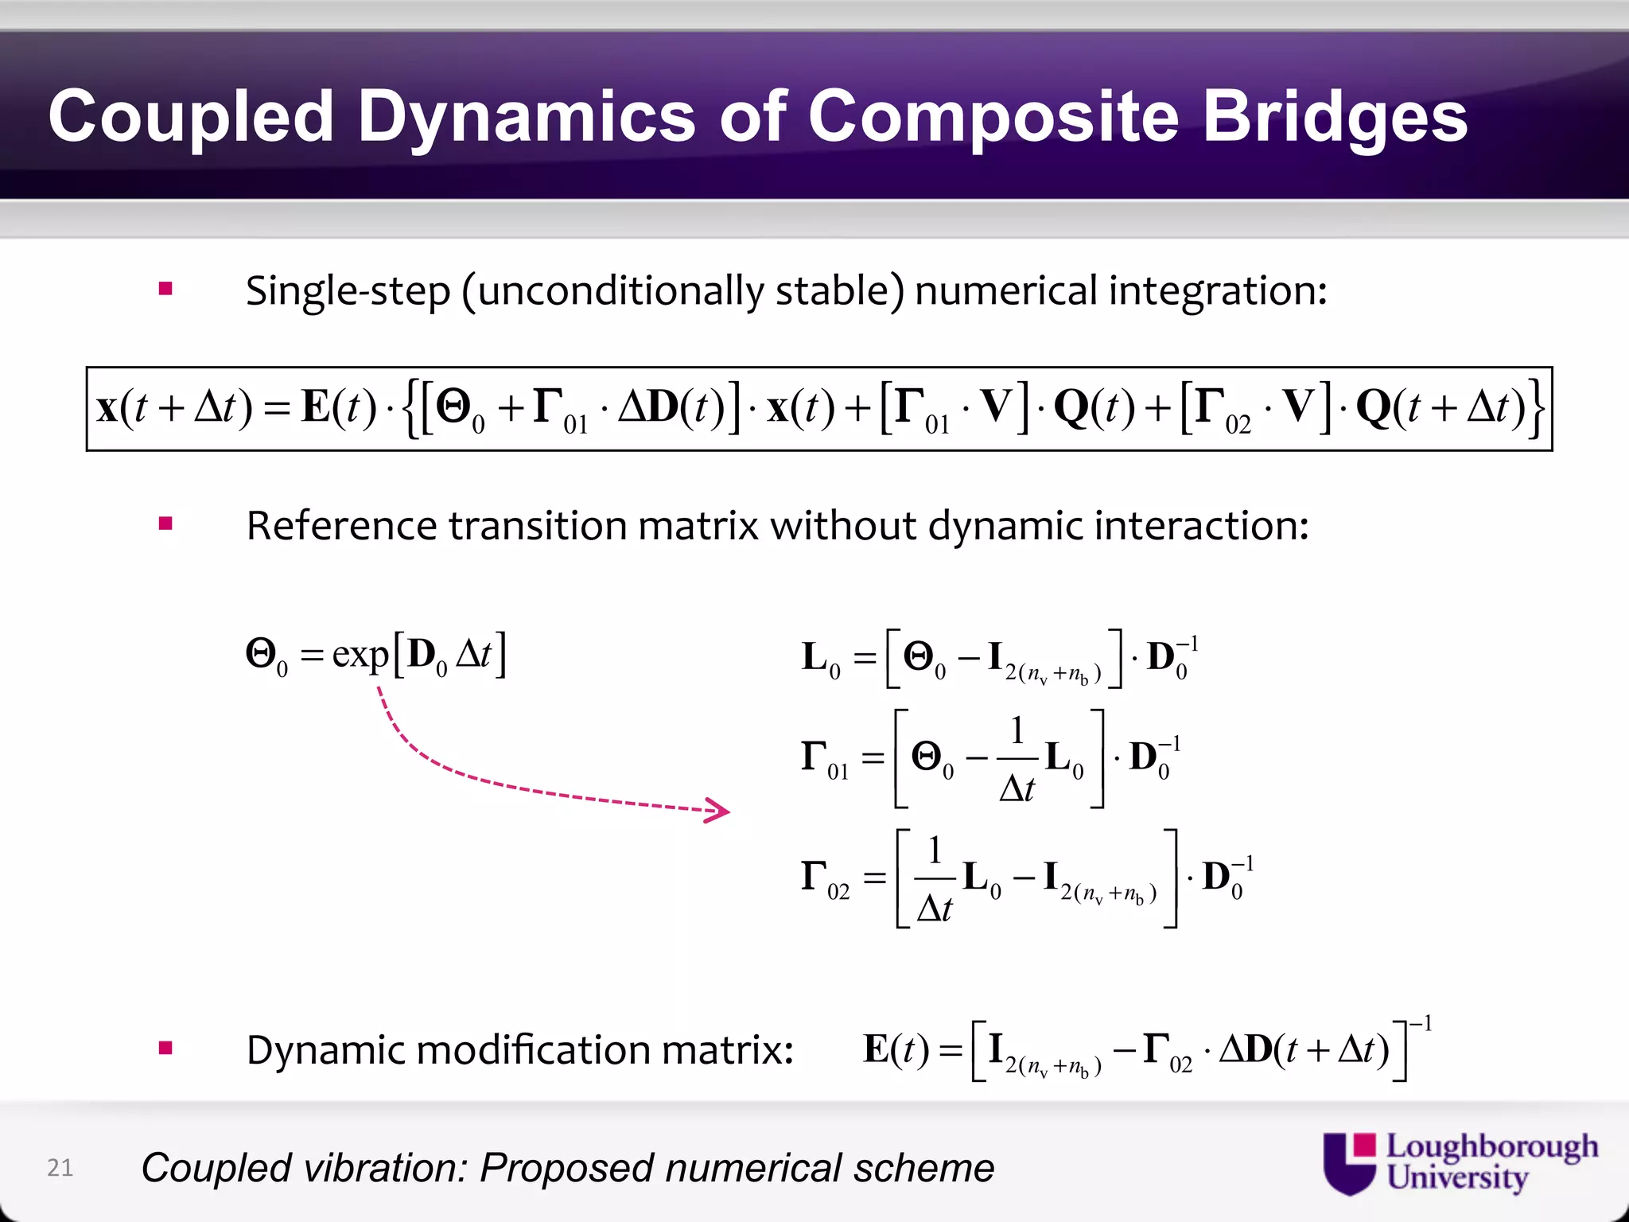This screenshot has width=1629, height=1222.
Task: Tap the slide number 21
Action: pos(60,1167)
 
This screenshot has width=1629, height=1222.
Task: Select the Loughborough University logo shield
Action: pos(1349,1163)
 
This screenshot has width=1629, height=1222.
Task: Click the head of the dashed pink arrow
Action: pos(720,811)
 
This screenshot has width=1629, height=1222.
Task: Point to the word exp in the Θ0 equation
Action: pos(360,655)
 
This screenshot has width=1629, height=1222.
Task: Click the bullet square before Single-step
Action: pos(165,289)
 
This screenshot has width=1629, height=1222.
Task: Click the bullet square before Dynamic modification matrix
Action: pos(165,1048)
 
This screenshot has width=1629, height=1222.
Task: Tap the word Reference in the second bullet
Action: pos(341,526)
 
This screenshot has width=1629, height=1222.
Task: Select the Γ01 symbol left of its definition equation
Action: pos(824,759)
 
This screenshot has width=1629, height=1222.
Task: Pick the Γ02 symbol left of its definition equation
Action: pos(824,878)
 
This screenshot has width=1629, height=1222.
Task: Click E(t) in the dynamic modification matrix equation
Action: pos(896,1050)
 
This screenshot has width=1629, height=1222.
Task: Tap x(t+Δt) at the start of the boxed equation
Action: pos(174,408)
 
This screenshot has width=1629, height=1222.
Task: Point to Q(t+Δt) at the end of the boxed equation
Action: pos(1440,408)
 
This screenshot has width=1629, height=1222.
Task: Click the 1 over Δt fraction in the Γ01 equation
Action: pos(1017,759)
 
